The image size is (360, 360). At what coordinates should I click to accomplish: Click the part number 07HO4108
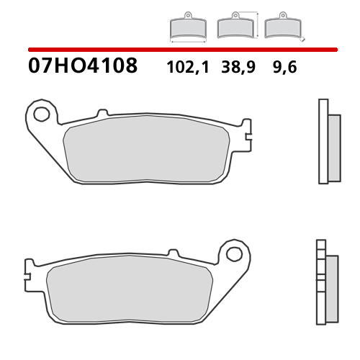coord(83,66)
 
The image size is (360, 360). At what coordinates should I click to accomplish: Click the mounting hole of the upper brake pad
coord(42,113)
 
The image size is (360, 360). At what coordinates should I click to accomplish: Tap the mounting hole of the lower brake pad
coord(233,253)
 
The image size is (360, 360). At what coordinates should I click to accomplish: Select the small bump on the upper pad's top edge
coord(102,112)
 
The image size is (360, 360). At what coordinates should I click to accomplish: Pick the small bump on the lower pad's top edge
coord(173,252)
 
